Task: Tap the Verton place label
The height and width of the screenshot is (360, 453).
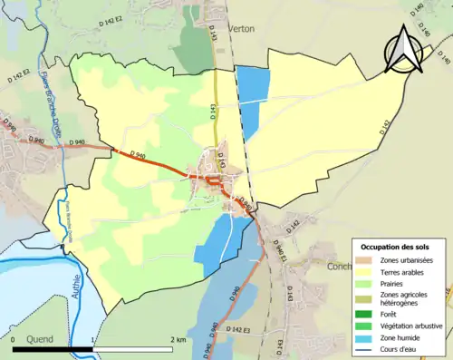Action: (241, 29)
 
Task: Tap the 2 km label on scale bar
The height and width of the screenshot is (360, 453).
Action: (178, 339)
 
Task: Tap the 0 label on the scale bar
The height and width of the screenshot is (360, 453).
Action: (15, 339)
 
